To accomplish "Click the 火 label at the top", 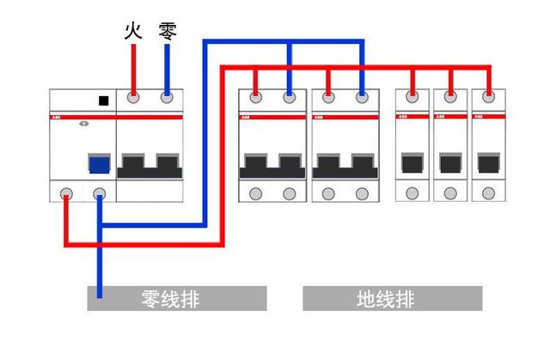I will point(132,32).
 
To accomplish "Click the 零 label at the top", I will point(168,32).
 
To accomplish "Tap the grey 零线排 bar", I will point(176,299).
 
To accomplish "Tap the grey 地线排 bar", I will point(392,299).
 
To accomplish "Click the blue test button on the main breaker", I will point(99,164).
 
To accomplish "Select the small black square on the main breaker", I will point(103,101).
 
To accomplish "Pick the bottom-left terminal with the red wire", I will point(65,194).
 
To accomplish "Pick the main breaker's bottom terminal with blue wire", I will point(100,194).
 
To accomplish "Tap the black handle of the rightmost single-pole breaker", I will point(489,163).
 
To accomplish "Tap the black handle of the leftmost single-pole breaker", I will point(412,163).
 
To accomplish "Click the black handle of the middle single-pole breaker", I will point(450,163).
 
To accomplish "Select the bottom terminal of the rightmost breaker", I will point(489,193).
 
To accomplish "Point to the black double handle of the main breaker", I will point(150,165).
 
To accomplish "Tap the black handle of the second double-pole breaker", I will point(345,165).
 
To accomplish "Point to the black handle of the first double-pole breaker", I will point(272,165).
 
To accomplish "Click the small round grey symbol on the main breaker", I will point(83,124).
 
